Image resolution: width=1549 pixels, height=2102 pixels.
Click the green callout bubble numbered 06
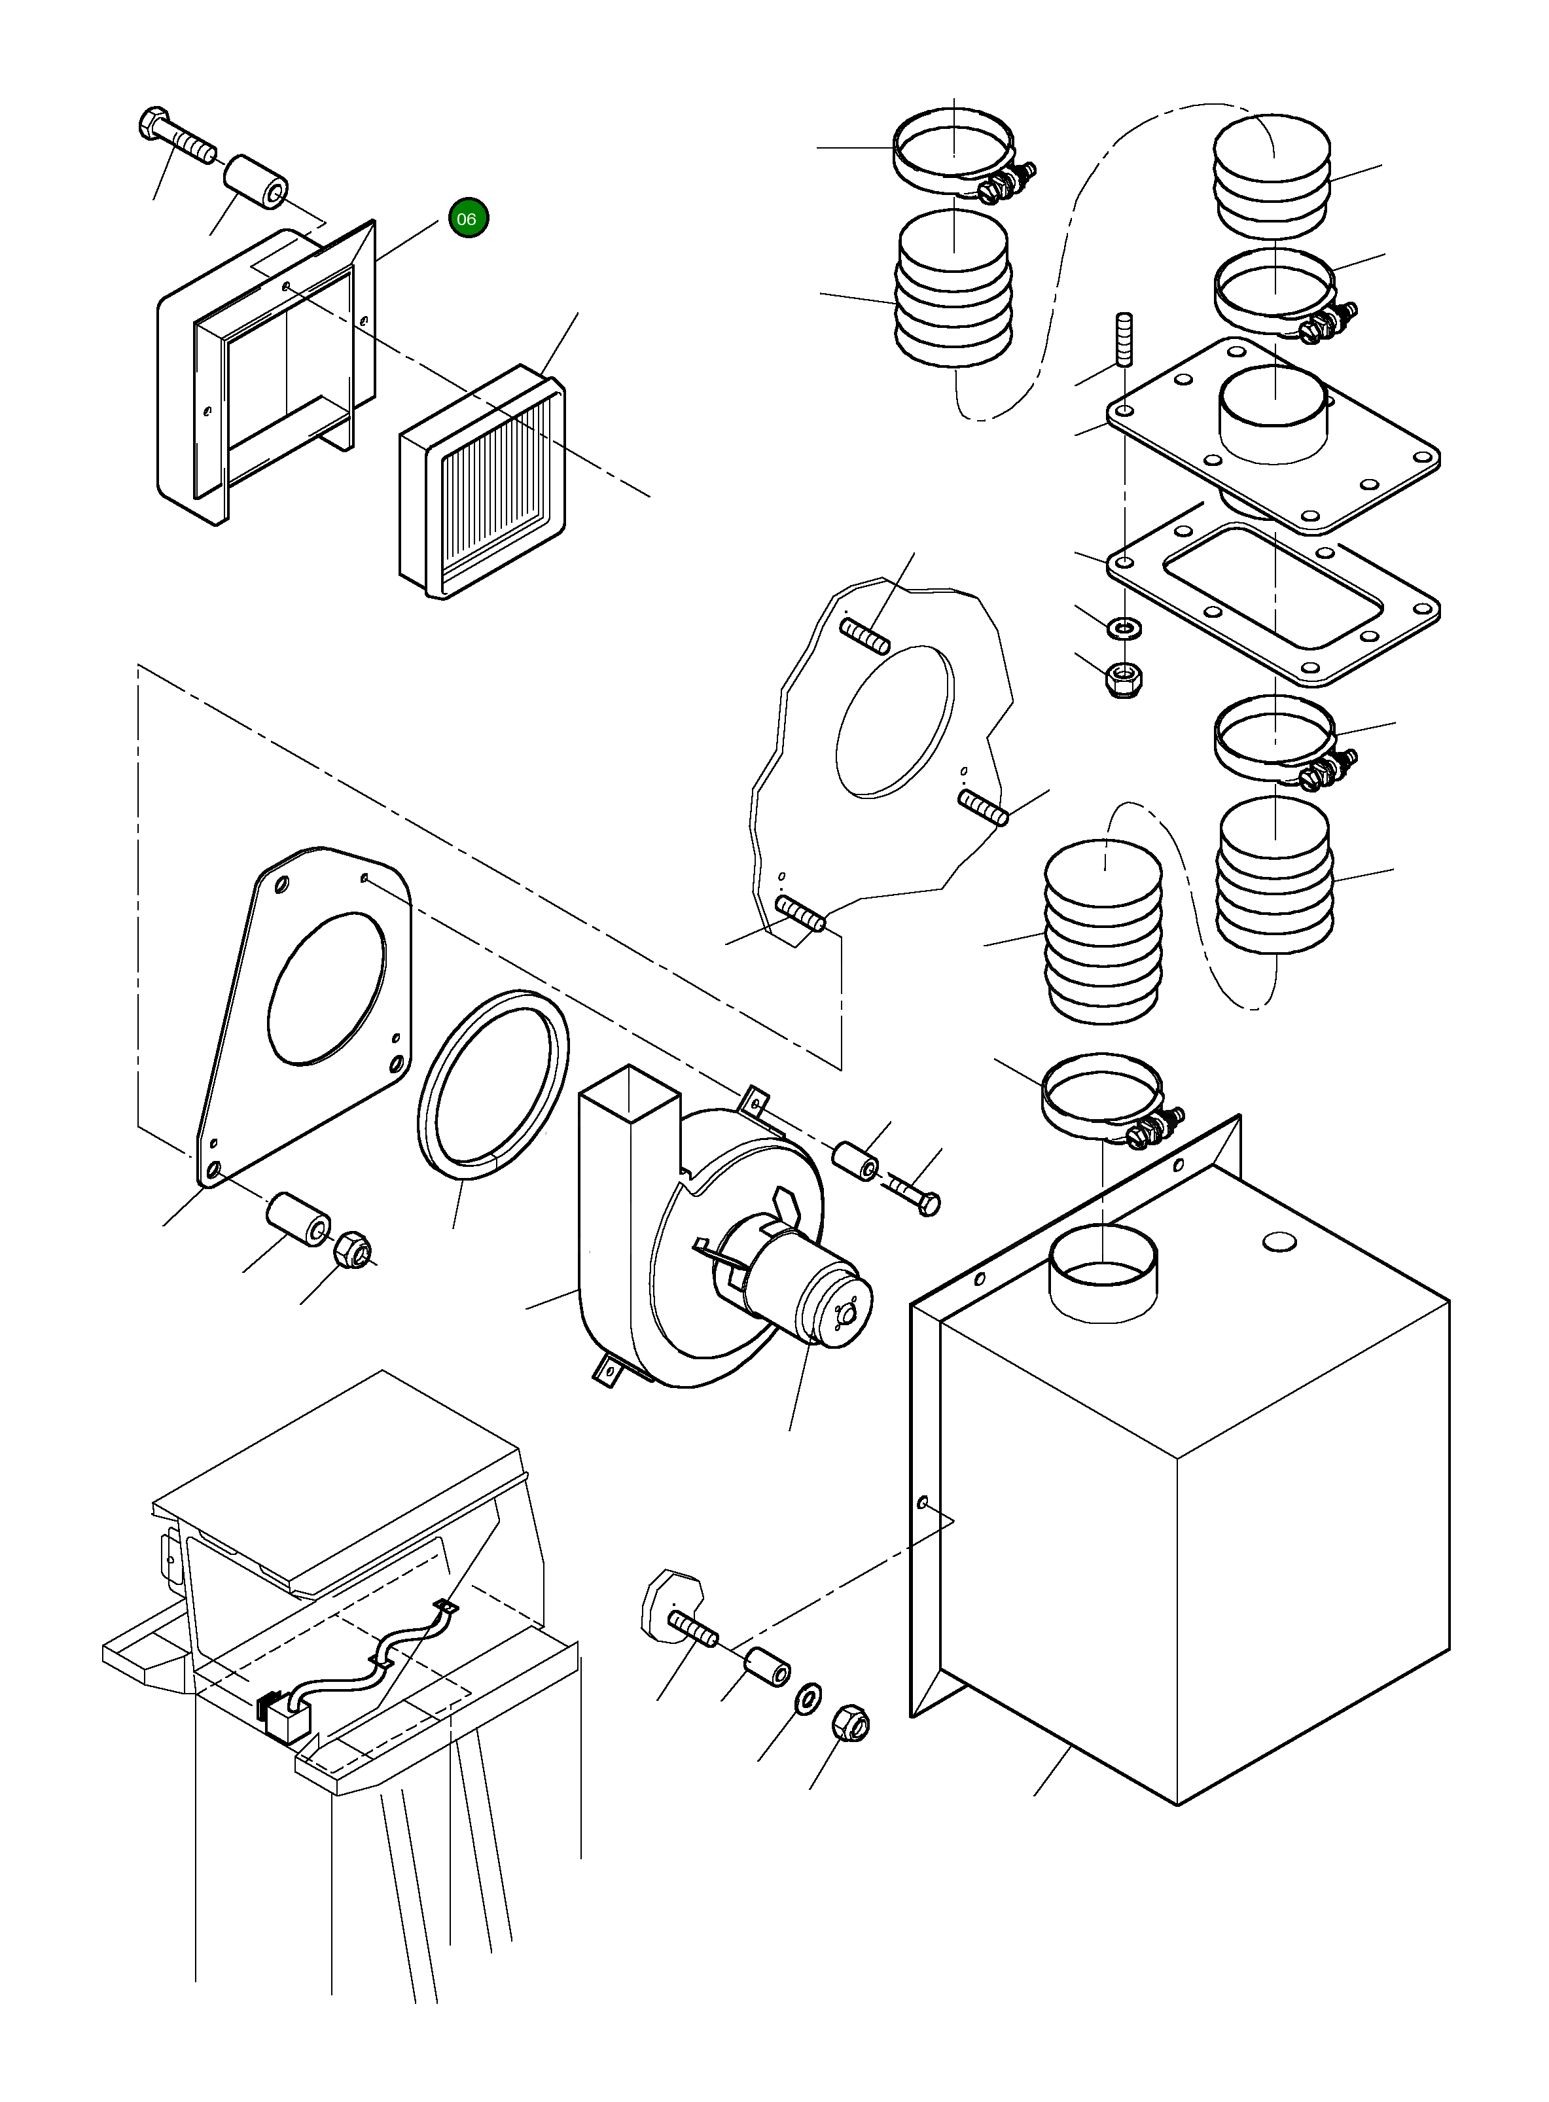[468, 219]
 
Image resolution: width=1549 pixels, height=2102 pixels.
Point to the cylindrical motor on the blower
[811, 1294]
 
